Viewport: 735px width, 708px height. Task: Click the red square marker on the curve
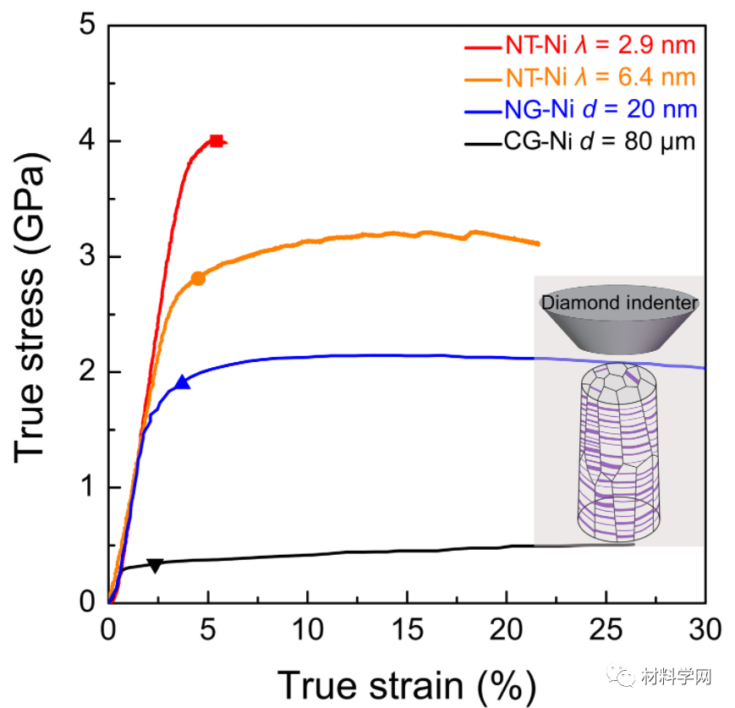[217, 141]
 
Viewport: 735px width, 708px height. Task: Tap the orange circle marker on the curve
[198, 278]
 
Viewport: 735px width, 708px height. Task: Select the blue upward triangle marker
[182, 382]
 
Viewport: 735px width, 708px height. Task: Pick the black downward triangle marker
[155, 565]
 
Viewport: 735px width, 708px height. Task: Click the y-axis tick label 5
[88, 26]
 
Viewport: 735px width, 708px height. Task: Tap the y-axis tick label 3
[88, 257]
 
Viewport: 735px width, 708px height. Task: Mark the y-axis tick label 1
[88, 488]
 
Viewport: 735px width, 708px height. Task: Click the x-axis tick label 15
[407, 630]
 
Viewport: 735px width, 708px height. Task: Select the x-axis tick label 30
[705, 630]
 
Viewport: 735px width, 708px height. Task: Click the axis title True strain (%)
[405, 682]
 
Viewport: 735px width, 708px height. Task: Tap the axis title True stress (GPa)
[31, 314]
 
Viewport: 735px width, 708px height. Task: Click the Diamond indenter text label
[620, 303]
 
